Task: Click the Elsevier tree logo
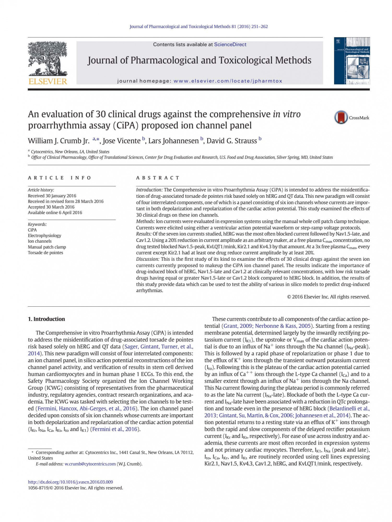(x=48, y=58)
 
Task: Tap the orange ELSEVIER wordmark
(x=48, y=81)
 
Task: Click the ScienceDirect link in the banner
(x=230, y=44)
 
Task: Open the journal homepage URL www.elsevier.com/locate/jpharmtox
(x=228, y=81)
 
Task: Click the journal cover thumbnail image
(x=352, y=61)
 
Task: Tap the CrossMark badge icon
(x=341, y=117)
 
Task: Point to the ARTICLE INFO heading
(x=60, y=178)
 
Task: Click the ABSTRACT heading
(x=158, y=178)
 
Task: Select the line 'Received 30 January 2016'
(x=52, y=196)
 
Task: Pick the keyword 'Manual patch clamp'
(x=47, y=247)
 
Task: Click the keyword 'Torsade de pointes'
(x=45, y=253)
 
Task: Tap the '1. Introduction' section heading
(x=46, y=319)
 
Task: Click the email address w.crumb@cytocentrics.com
(x=90, y=464)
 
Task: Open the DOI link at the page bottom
(x=70, y=482)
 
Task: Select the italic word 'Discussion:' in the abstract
(x=148, y=259)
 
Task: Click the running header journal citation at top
(x=199, y=27)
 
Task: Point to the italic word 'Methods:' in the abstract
(x=145, y=221)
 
